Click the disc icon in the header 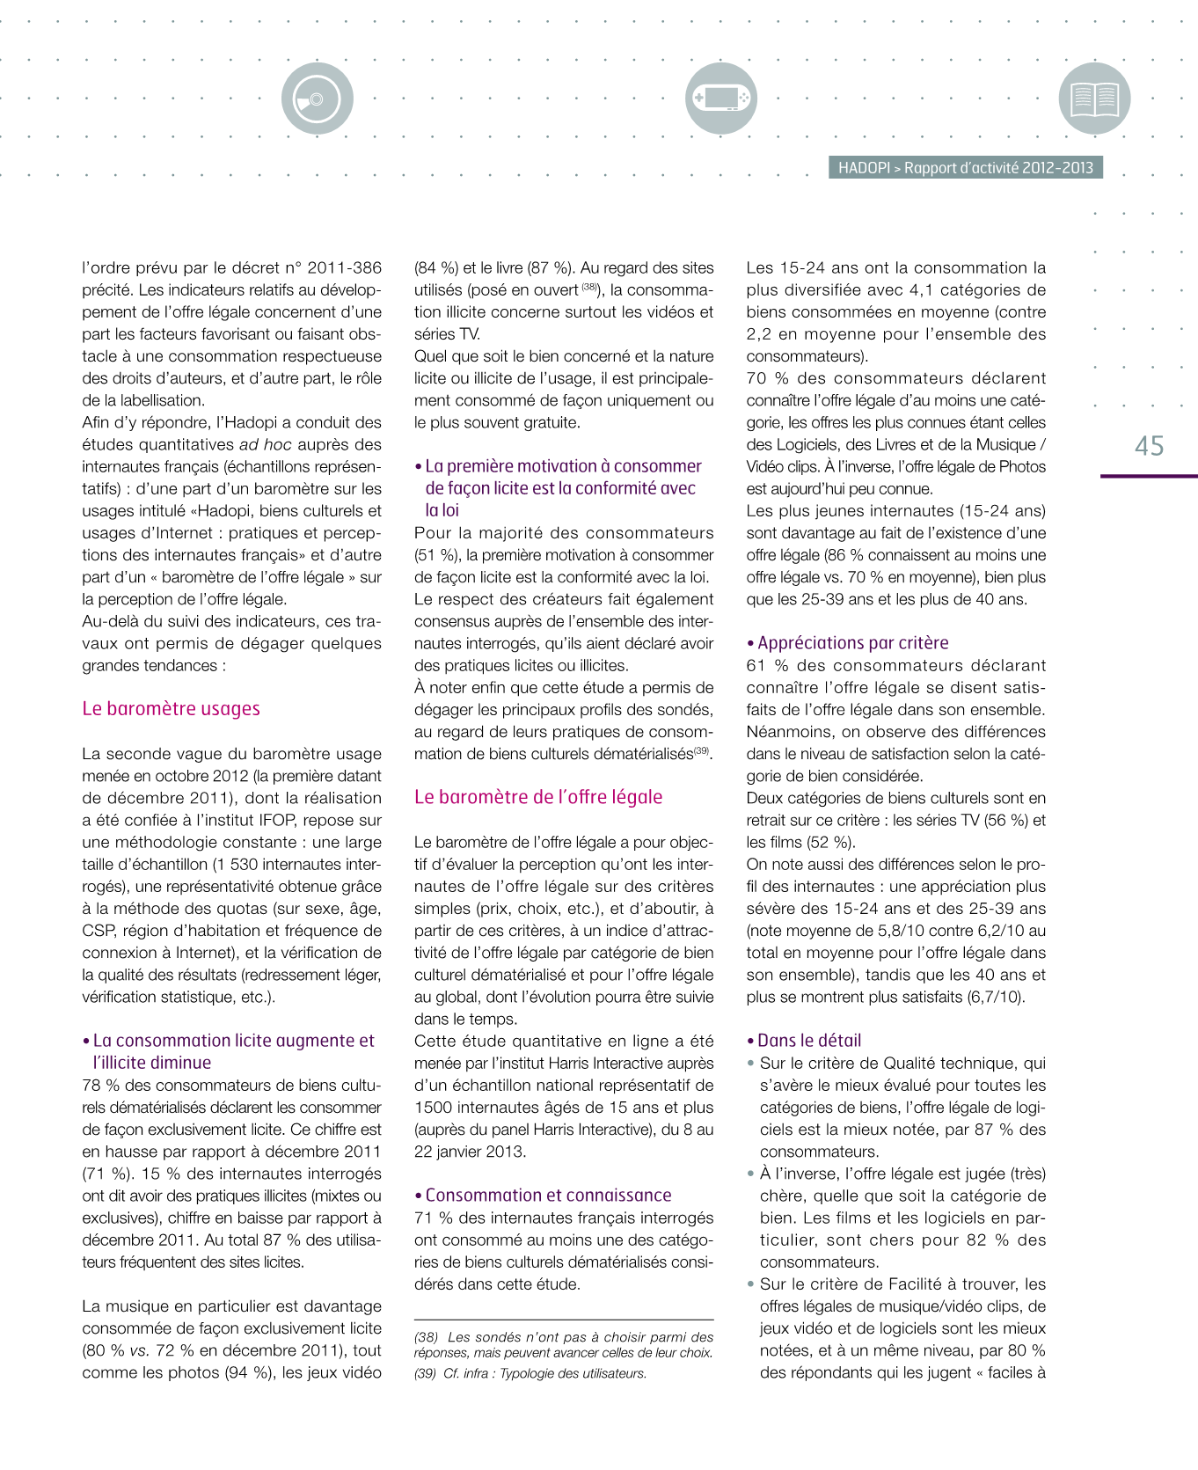(317, 99)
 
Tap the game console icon (720, 99)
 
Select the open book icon (1094, 99)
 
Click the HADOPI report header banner (965, 168)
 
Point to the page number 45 (1149, 446)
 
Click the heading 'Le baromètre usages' (171, 708)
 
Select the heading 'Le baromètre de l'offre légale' (538, 797)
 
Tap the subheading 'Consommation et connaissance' (548, 1196)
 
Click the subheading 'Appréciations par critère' (852, 643)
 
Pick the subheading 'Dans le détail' (809, 1041)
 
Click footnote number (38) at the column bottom (427, 1337)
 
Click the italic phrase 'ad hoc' (265, 445)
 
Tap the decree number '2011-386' (345, 268)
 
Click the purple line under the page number (1149, 476)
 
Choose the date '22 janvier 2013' (469, 1152)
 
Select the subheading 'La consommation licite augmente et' (233, 1041)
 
